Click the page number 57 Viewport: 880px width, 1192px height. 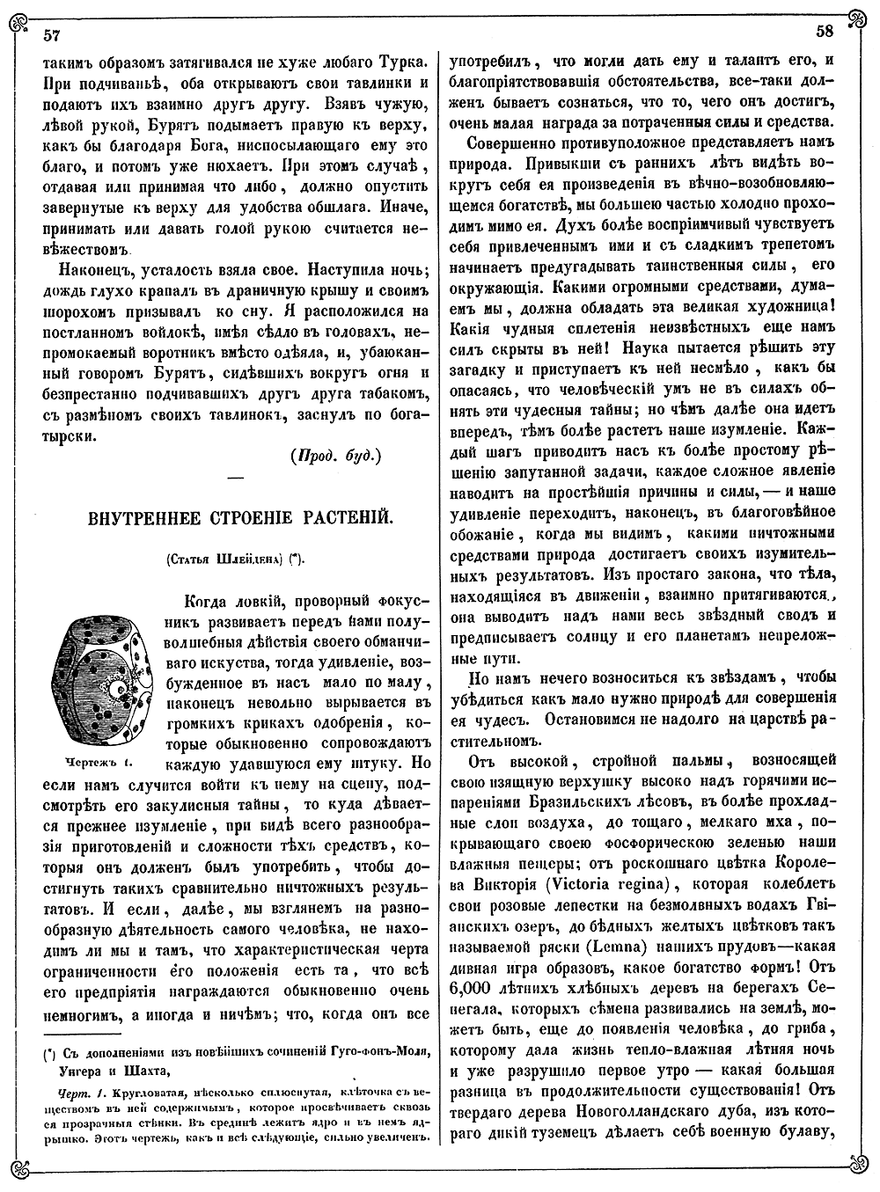pyautogui.click(x=51, y=34)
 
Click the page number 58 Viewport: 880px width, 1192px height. pyautogui.click(x=825, y=33)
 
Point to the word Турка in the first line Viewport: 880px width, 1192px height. pyautogui.click(x=400, y=64)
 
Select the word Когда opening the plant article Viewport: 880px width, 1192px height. pyautogui.click(x=208, y=602)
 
